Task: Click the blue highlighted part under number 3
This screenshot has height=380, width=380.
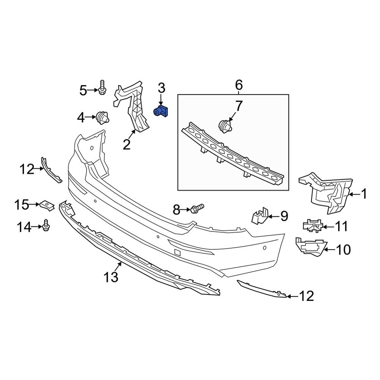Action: point(161,112)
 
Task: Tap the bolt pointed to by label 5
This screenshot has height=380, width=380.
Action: point(102,88)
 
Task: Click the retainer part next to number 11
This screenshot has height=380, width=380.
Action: point(312,226)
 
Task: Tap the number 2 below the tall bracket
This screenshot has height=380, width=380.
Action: point(126,144)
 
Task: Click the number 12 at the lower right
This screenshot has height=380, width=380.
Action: point(306,296)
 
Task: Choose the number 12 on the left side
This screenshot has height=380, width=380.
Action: point(27,169)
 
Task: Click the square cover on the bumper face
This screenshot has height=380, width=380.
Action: point(177,251)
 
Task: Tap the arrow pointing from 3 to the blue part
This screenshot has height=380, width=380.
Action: point(161,100)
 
